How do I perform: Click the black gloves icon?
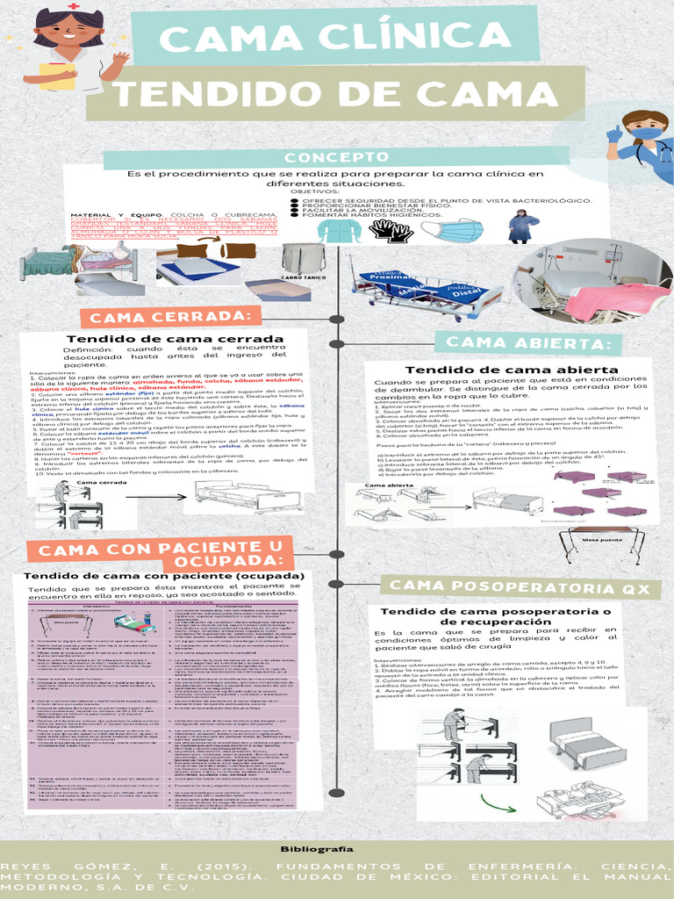390,231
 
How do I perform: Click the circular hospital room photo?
593,281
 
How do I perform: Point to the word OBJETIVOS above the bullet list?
314,191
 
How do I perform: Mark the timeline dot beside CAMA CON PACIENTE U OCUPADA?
335,554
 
